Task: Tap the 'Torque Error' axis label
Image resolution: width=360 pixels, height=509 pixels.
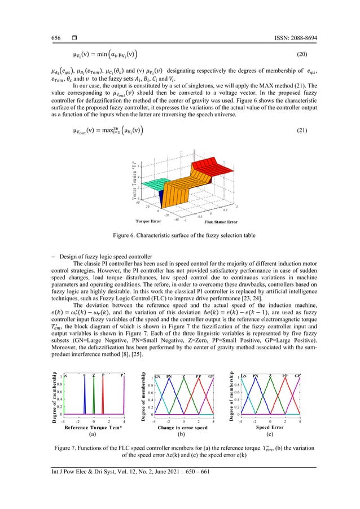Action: pyautogui.click(x=147, y=222)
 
